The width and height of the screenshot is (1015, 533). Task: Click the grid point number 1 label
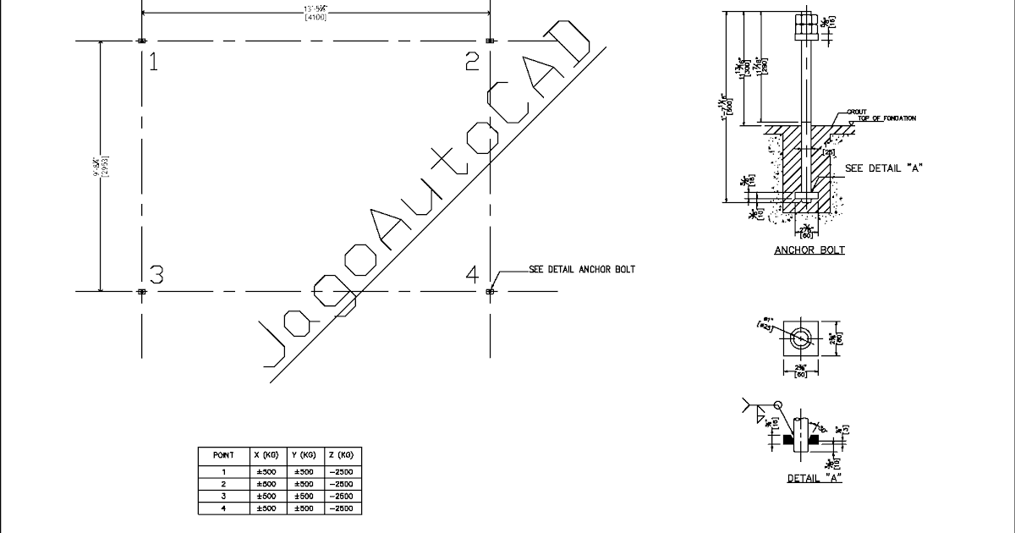pyautogui.click(x=153, y=61)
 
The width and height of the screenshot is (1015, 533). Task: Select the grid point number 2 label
pyautogui.click(x=472, y=61)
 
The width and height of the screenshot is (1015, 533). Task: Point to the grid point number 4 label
pyautogui.click(x=472, y=274)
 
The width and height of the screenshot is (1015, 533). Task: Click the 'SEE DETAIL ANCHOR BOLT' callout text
pyautogui.click(x=581, y=270)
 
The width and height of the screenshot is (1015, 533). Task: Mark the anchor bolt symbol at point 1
pyautogui.click(x=141, y=41)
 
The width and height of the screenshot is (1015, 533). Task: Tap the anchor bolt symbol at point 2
pyautogui.click(x=491, y=41)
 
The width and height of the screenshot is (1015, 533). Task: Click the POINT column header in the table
pyautogui.click(x=223, y=455)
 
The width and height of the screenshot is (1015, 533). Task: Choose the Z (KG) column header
pyautogui.click(x=343, y=455)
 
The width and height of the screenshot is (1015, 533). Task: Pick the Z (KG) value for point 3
pyautogui.click(x=343, y=496)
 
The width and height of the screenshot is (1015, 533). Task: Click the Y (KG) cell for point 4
pyautogui.click(x=305, y=508)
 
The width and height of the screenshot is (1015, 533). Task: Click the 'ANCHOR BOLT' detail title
pyautogui.click(x=809, y=250)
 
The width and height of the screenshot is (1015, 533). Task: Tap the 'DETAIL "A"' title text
pyautogui.click(x=814, y=478)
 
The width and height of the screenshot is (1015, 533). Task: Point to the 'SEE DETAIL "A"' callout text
pyautogui.click(x=883, y=168)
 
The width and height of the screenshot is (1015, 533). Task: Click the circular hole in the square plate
pyautogui.click(x=800, y=337)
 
